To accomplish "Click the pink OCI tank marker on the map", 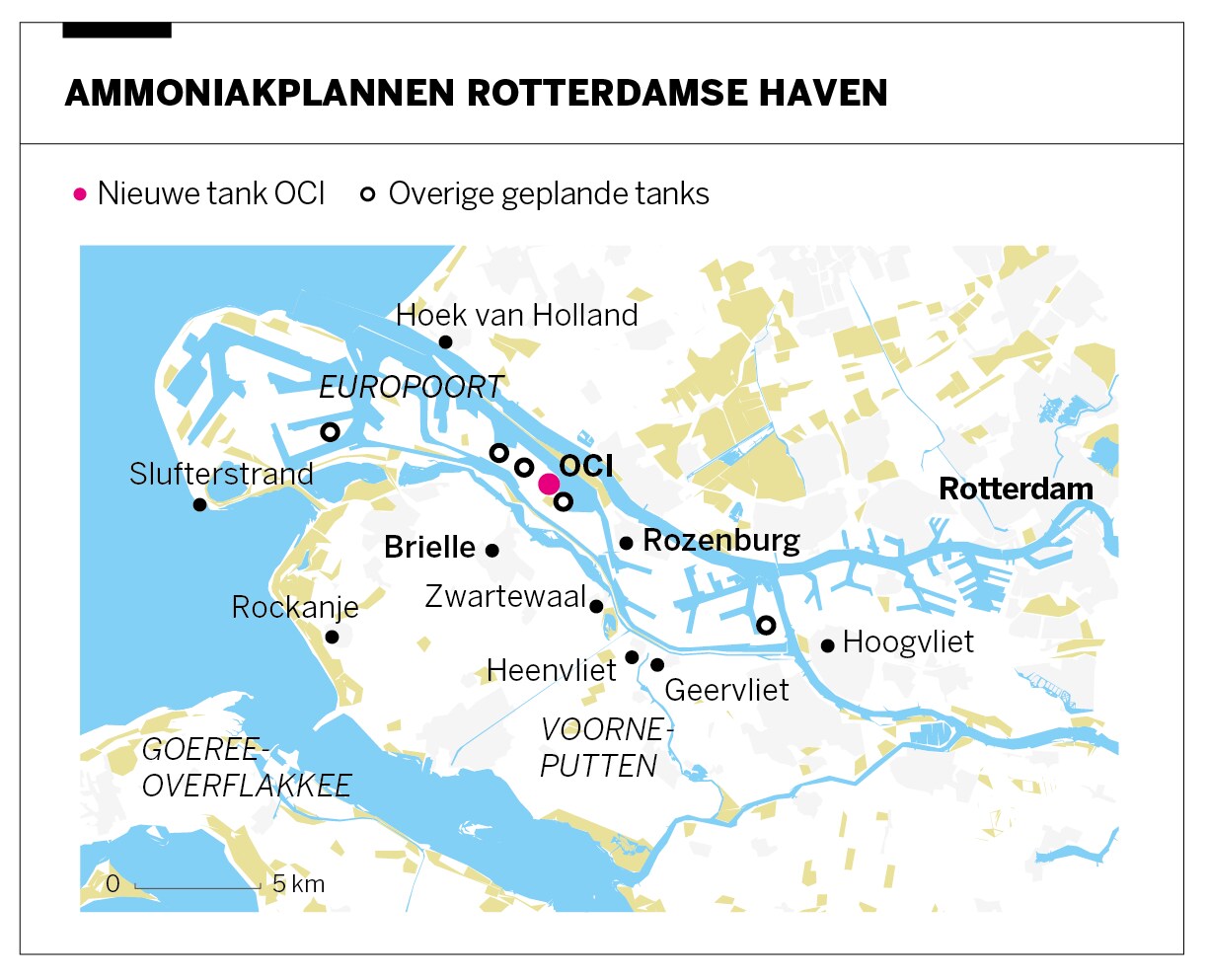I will (x=549, y=484).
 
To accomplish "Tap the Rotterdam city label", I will (x=1016, y=489).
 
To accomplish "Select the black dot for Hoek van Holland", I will (x=445, y=342).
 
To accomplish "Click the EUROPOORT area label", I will (x=411, y=387).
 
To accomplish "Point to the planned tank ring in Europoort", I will (x=330, y=432).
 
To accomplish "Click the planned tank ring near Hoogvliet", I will (x=765, y=625).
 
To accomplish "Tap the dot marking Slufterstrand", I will (x=199, y=505).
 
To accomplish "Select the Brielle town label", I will (x=429, y=547).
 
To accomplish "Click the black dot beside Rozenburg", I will (x=626, y=543).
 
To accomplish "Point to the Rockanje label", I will (x=294, y=607).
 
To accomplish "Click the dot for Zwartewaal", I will (x=596, y=606).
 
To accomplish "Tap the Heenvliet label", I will (x=551, y=671).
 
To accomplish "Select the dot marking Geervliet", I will (x=657, y=664).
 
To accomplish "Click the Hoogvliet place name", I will (x=908, y=641).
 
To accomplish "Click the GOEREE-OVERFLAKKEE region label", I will (x=247, y=767).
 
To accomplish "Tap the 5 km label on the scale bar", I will (x=298, y=884).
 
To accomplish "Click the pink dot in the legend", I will (x=80, y=194).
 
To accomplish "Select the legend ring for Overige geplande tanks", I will (x=368, y=194).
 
